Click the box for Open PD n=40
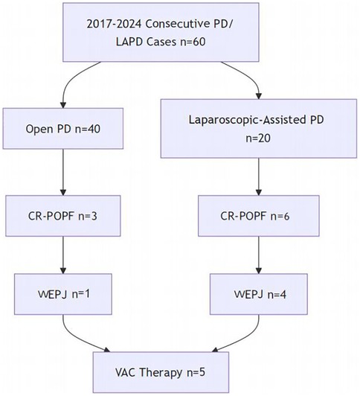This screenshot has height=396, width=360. (63, 129)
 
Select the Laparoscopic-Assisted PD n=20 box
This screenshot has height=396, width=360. (259, 129)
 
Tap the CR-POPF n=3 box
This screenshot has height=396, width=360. (63, 216)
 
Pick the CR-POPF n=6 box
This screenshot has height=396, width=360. (259, 216)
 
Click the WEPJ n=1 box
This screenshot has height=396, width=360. (63, 294)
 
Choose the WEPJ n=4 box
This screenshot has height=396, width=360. (259, 294)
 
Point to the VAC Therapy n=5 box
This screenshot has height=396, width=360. (161, 372)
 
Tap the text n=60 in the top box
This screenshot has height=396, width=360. (193, 42)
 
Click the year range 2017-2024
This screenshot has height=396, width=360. (115, 24)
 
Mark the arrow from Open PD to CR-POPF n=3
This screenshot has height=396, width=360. (63, 172)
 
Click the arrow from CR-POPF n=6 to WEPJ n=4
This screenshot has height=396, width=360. (259, 255)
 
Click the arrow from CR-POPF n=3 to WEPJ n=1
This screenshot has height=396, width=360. (63, 255)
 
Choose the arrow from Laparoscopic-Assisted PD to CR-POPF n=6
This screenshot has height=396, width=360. (259, 177)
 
